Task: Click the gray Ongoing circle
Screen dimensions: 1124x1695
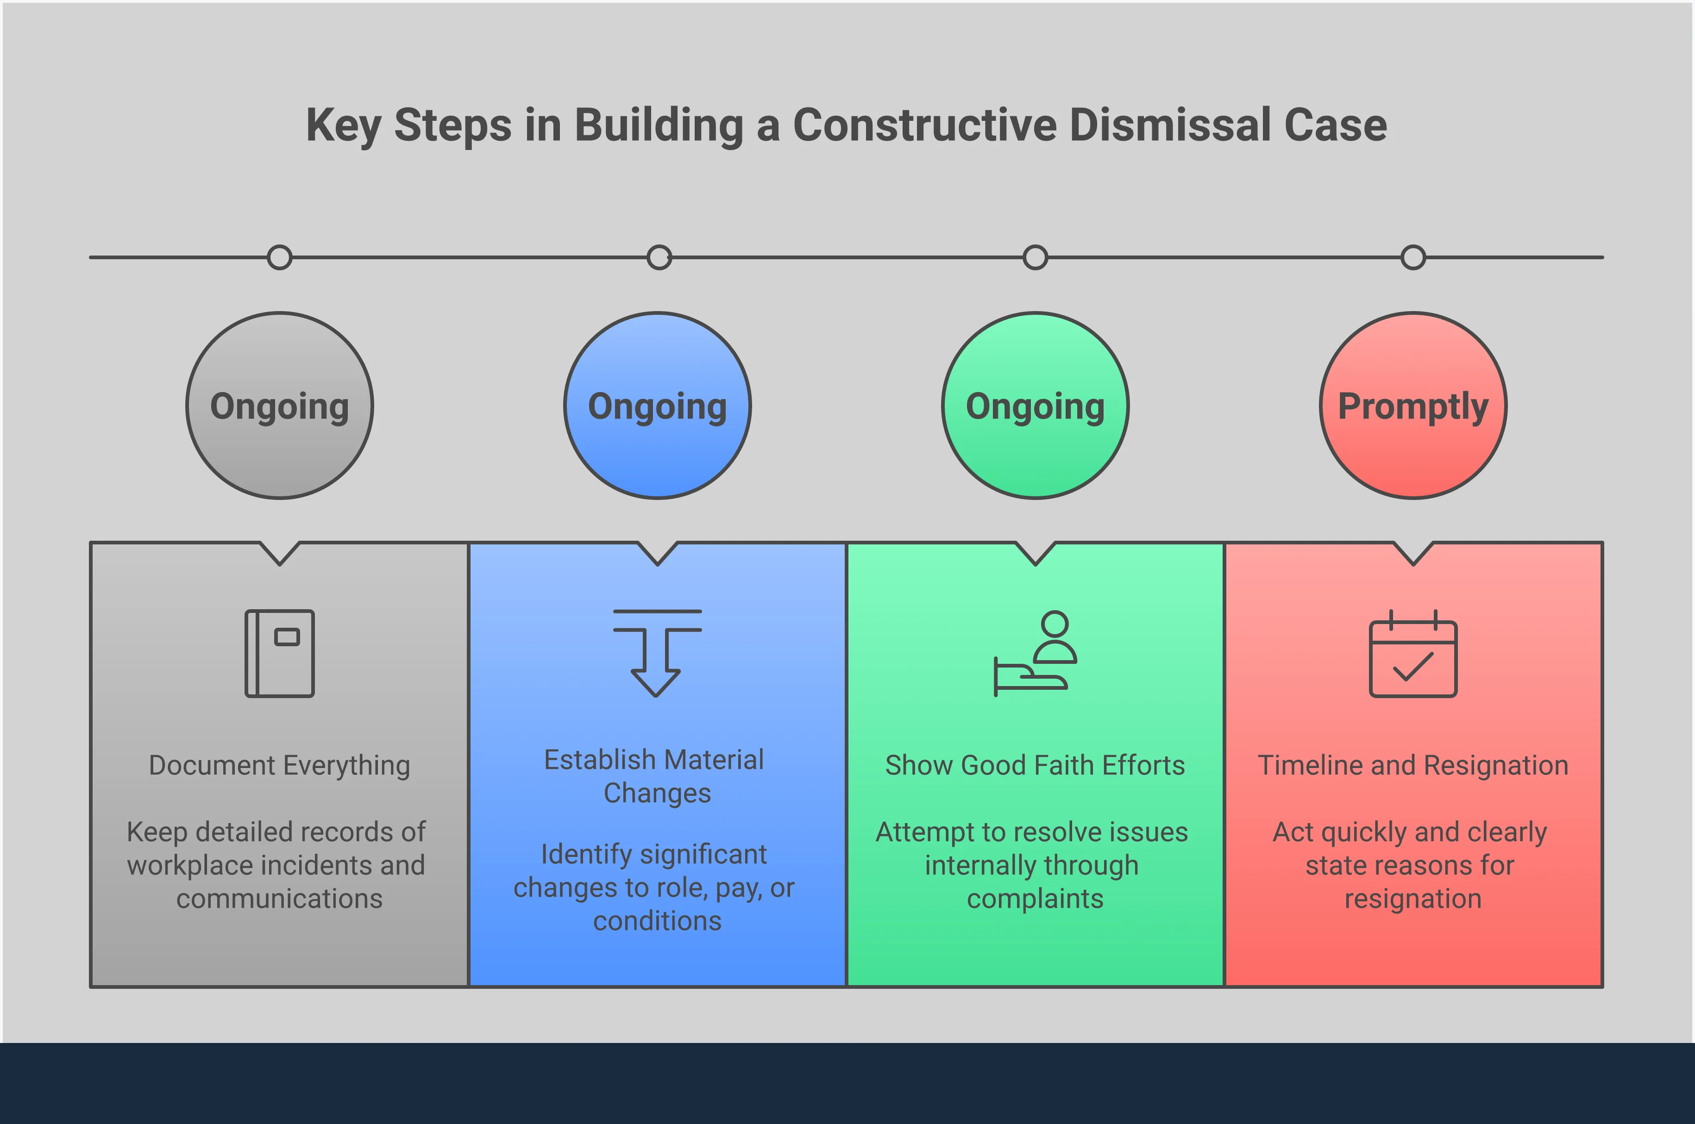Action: tap(280, 406)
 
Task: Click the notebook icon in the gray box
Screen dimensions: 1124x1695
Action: tap(280, 653)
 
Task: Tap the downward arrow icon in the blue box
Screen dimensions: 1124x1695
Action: tap(657, 653)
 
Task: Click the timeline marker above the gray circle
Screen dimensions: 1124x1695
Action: tap(280, 257)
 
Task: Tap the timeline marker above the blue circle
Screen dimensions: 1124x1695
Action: tap(659, 257)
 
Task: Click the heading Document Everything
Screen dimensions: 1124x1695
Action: tap(280, 766)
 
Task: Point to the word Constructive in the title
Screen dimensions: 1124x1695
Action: tap(924, 125)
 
